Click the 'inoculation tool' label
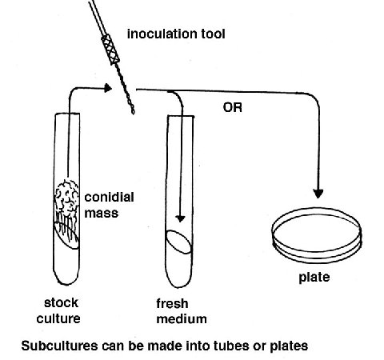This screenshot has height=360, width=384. (176, 34)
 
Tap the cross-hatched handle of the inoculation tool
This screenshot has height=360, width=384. (110, 49)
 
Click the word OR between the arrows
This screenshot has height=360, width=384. (233, 107)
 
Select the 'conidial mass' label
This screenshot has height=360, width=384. (109, 206)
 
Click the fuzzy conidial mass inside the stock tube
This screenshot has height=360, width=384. (66, 198)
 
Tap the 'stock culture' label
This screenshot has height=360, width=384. (58, 310)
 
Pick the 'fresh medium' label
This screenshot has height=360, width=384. (182, 311)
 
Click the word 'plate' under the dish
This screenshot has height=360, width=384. (314, 278)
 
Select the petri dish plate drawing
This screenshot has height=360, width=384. (317, 236)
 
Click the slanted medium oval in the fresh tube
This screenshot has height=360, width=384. (179, 242)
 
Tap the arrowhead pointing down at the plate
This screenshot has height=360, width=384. (318, 194)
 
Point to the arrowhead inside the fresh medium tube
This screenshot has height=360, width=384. (181, 218)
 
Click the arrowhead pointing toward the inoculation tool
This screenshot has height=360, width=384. (108, 88)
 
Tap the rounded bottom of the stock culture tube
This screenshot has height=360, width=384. (66, 278)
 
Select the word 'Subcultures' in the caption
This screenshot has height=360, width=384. (59, 346)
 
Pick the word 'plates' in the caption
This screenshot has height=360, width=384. (289, 346)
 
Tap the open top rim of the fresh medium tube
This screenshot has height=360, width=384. (181, 116)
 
